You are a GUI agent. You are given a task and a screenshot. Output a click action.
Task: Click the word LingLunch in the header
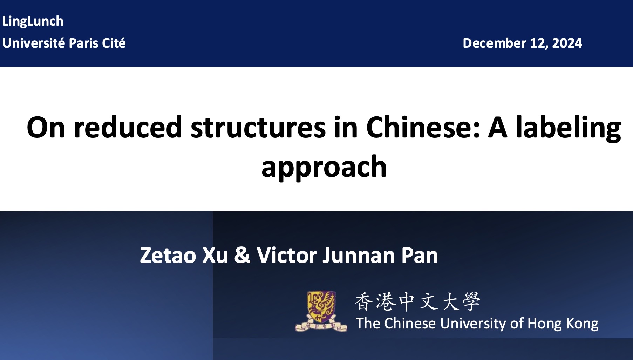(x=33, y=21)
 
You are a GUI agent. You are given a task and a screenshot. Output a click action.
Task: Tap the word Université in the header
(x=34, y=43)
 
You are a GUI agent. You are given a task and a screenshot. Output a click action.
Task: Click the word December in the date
(x=494, y=43)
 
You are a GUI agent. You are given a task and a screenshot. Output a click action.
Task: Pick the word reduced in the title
(x=128, y=127)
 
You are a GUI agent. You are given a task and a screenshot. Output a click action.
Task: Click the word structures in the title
(x=258, y=127)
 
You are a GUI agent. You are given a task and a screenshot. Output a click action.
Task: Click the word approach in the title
(x=324, y=167)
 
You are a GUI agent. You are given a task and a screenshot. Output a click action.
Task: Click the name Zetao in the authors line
(x=168, y=255)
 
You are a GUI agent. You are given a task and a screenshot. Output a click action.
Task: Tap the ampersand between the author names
(x=242, y=255)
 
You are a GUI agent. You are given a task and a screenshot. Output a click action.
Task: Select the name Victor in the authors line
(x=287, y=255)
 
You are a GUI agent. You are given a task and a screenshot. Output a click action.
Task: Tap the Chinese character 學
(x=471, y=302)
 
